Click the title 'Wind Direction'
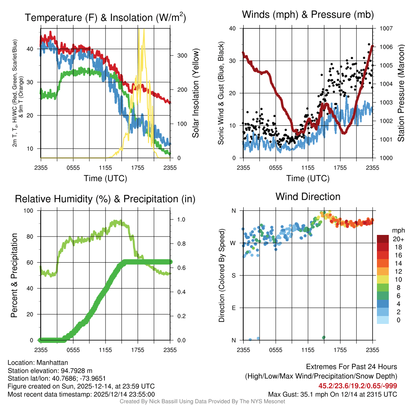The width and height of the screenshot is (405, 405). (308, 197)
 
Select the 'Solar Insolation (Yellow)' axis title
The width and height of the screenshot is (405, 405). (195, 93)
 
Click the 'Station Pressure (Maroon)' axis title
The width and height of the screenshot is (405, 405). (401, 93)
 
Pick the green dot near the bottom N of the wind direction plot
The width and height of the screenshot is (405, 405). (324, 337)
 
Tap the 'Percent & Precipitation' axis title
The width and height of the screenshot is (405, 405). (14, 275)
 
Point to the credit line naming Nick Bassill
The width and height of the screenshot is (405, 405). (202, 401)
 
